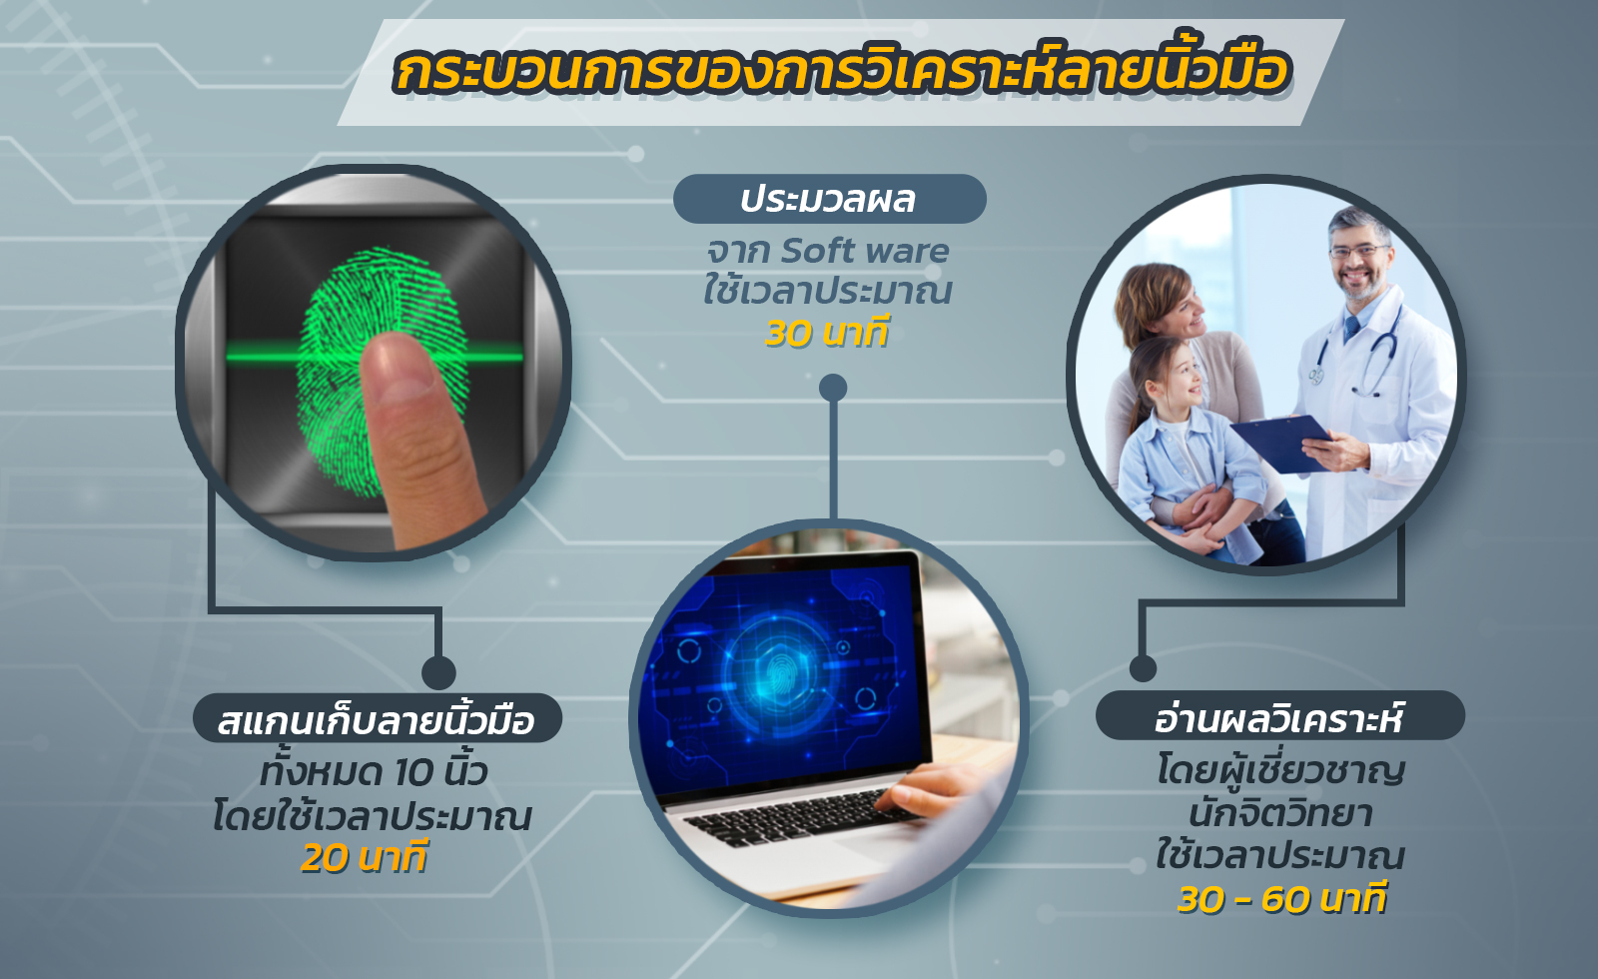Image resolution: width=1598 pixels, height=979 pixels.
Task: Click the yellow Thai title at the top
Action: click(x=842, y=71)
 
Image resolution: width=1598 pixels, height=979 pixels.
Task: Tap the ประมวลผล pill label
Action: click(x=830, y=199)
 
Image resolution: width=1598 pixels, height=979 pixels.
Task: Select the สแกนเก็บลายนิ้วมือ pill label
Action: click(x=378, y=718)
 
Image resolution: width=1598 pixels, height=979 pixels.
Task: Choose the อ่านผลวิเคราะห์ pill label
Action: click(x=1279, y=715)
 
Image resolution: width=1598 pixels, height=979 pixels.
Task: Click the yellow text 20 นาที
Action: click(x=364, y=858)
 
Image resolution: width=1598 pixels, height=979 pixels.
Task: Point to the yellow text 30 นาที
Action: click(x=828, y=334)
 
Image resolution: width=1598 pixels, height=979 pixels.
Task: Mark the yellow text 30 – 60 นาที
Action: click(x=1282, y=898)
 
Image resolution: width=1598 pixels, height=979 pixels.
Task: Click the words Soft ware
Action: click(x=865, y=251)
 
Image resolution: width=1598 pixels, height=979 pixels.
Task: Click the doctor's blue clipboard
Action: click(x=1281, y=444)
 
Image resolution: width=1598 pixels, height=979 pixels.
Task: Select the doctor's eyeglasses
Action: click(x=1358, y=251)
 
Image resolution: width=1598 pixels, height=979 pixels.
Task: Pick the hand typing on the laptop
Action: click(x=928, y=788)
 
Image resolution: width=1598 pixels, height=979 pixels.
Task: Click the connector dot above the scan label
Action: click(x=438, y=673)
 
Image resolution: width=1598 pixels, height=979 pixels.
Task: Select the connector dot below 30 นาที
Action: click(x=833, y=389)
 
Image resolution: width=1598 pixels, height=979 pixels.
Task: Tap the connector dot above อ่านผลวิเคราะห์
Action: click(x=1143, y=668)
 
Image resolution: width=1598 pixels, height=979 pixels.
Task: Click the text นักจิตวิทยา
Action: click(x=1280, y=814)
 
